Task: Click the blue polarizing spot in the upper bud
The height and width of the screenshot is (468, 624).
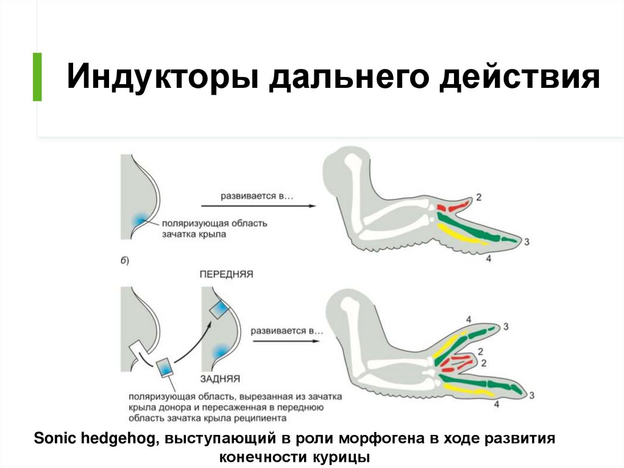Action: pyautogui.click(x=140, y=219)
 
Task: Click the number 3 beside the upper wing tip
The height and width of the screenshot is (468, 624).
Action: pyautogui.click(x=526, y=242)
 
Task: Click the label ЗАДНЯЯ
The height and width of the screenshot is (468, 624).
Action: pyautogui.click(x=219, y=378)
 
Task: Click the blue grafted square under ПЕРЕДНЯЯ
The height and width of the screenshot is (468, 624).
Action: pyautogui.click(x=220, y=309)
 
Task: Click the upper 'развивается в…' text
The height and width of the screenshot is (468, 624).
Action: pyautogui.click(x=249, y=196)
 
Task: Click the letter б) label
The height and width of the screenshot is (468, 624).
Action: pyautogui.click(x=124, y=261)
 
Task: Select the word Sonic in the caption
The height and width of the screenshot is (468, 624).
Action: pyautogui.click(x=55, y=439)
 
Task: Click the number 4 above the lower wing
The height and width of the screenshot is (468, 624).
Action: pyautogui.click(x=468, y=319)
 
